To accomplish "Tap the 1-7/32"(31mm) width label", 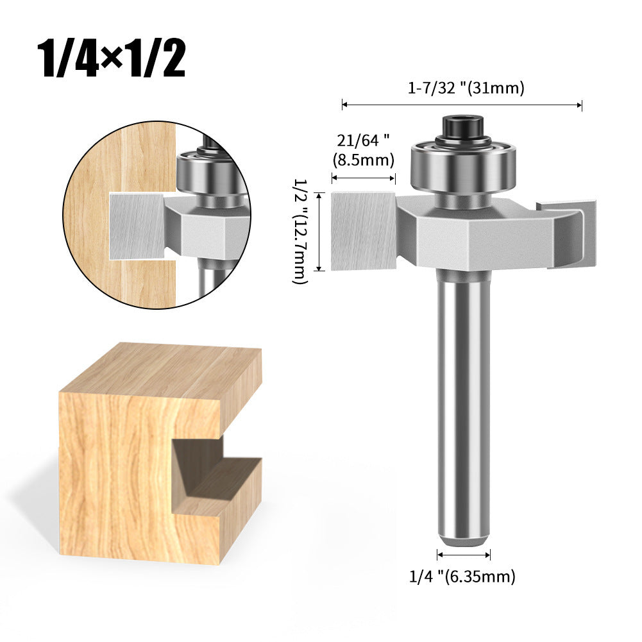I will point(466,89).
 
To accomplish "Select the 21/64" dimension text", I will point(363,139).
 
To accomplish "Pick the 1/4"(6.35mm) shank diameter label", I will point(462,577).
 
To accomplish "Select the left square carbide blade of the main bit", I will point(364,231).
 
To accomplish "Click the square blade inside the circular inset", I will point(137,226).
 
